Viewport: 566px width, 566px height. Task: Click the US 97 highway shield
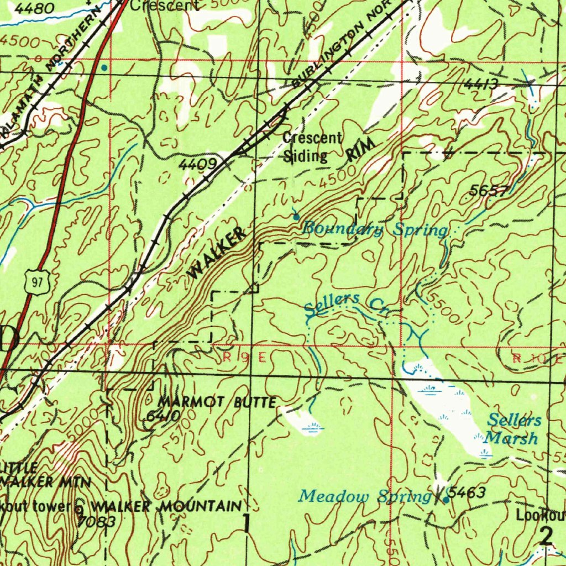pyautogui.click(x=37, y=283)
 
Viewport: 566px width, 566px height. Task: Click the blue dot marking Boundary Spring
pyautogui.click(x=296, y=217)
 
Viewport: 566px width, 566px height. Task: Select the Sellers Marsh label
pyautogui.click(x=513, y=429)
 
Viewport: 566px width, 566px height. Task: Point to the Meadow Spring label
pyautogui.click(x=365, y=496)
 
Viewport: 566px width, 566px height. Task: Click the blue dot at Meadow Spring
pyautogui.click(x=446, y=500)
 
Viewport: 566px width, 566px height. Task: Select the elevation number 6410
pyautogui.click(x=163, y=416)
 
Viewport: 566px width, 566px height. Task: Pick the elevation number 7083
pyautogui.click(x=96, y=521)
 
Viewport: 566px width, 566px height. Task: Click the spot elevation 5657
pyautogui.click(x=488, y=191)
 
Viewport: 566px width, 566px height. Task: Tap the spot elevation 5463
pyautogui.click(x=467, y=492)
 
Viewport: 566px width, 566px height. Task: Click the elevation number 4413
pyautogui.click(x=481, y=84)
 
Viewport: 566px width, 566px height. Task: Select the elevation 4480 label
pyautogui.click(x=34, y=8)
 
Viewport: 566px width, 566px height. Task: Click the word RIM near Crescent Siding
pyautogui.click(x=362, y=149)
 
